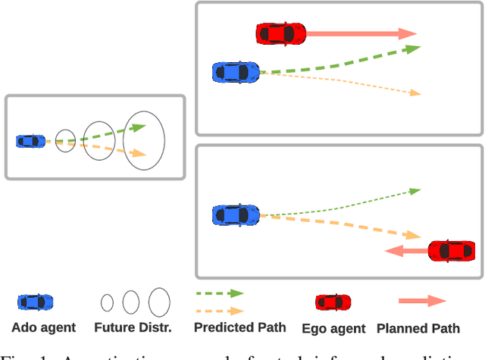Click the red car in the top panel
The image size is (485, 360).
(280, 33)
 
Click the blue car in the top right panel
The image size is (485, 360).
(236, 72)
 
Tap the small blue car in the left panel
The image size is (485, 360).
(30, 141)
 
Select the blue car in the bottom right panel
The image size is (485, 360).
(236, 214)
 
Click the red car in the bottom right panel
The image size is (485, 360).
(452, 251)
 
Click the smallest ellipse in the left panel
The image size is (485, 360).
(66, 140)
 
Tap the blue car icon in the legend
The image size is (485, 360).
(36, 302)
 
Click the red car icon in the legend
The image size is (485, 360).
(333, 302)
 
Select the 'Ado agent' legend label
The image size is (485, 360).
(43, 328)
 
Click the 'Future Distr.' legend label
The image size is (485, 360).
(133, 328)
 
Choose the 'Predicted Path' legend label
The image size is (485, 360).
(240, 327)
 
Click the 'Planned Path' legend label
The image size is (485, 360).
(418, 329)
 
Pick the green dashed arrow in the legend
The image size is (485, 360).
(220, 293)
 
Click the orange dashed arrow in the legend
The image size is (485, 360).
(220, 311)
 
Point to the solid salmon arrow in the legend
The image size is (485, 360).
(422, 301)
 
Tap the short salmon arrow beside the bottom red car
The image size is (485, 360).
(405, 251)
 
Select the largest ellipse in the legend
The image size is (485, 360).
(159, 302)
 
